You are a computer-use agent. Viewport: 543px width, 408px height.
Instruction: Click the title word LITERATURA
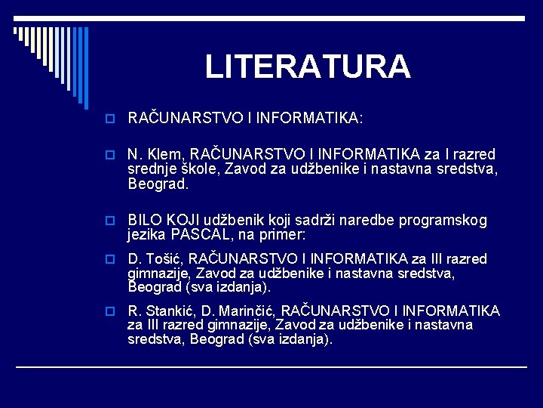point(308,66)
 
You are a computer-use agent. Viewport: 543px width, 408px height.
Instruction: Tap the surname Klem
point(161,155)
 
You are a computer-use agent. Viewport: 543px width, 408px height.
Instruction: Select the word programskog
point(446,221)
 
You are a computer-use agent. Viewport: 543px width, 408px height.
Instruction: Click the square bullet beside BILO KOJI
point(112,221)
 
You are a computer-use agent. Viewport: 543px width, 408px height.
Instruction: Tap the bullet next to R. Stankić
point(112,311)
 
